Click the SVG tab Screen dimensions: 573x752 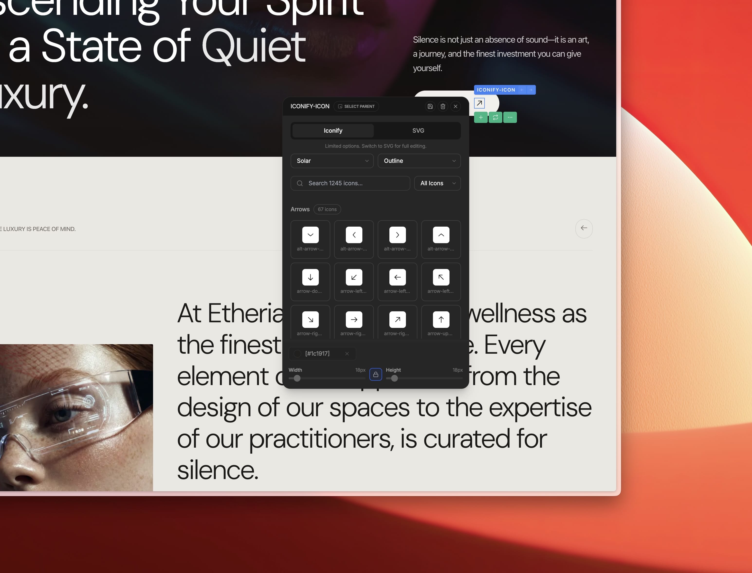pyautogui.click(x=418, y=131)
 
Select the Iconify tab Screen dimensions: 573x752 pyautogui.click(x=333, y=131)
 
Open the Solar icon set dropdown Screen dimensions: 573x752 pyautogui.click(x=332, y=161)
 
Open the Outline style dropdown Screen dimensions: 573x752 pyautogui.click(x=419, y=161)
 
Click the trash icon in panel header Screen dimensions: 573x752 pyautogui.click(x=443, y=106)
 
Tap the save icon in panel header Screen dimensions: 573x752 pyautogui.click(x=430, y=106)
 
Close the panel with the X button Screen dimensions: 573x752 pyautogui.click(x=455, y=106)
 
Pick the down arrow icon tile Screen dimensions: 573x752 pyautogui.click(x=310, y=277)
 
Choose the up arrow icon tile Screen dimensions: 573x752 pyautogui.click(x=441, y=320)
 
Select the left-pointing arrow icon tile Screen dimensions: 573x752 pyautogui.click(x=397, y=277)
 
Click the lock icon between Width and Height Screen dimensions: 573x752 pyautogui.click(x=376, y=375)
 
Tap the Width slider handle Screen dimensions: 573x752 pyautogui.click(x=297, y=378)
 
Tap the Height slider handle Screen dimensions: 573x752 pyautogui.click(x=394, y=378)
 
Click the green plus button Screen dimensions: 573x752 pyautogui.click(x=481, y=118)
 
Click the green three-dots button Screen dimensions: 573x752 pyautogui.click(x=510, y=118)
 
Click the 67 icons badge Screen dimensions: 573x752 pyautogui.click(x=327, y=209)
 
